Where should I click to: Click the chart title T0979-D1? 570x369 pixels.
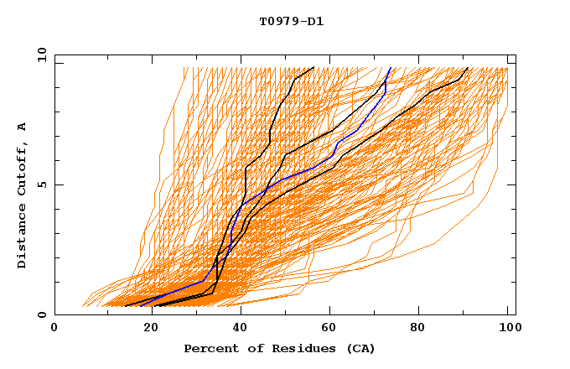tap(291, 21)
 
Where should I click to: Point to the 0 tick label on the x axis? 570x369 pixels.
tap(54, 329)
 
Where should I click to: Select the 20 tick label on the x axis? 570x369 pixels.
tap(145, 329)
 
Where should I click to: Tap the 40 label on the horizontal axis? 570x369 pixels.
tap(236, 329)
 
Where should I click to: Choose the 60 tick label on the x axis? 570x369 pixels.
tap(326, 329)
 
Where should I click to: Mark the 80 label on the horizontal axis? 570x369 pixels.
tap(417, 329)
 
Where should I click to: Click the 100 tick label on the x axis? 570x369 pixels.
tap(507, 329)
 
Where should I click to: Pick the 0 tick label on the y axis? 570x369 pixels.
tap(41, 314)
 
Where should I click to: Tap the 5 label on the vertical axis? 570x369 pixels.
tap(41, 184)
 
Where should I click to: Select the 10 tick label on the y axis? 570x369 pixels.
tap(39, 54)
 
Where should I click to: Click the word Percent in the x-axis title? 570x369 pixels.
tap(208, 348)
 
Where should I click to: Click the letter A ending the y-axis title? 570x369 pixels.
tap(22, 126)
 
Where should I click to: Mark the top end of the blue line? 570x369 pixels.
tap(391, 67)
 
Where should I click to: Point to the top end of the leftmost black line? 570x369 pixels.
tap(313, 67)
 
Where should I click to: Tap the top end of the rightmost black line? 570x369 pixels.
tap(468, 67)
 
